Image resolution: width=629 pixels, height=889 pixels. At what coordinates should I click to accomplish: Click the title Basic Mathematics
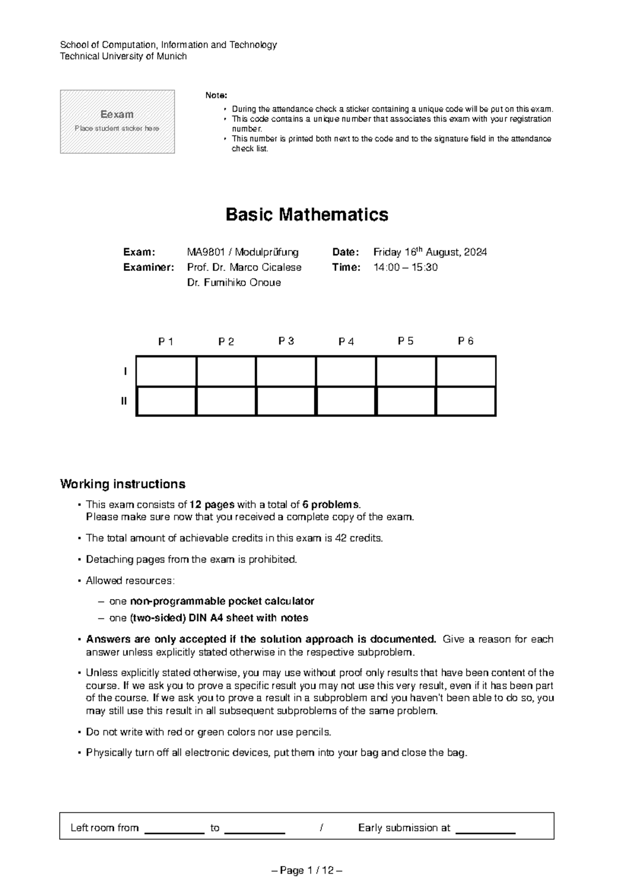pyautogui.click(x=307, y=215)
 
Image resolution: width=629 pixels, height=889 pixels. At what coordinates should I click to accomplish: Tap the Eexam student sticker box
pyautogui.click(x=117, y=122)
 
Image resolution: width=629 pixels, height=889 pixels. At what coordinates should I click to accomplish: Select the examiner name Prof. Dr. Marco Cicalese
pyautogui.click(x=244, y=267)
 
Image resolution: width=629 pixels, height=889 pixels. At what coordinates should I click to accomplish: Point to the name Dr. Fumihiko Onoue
pyautogui.click(x=234, y=283)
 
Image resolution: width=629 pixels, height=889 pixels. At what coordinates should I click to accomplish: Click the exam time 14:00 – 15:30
pyautogui.click(x=405, y=267)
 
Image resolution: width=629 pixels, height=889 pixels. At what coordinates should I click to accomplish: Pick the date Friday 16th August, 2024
pyautogui.click(x=430, y=252)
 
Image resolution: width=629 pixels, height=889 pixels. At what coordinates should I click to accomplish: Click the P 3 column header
pyautogui.click(x=286, y=341)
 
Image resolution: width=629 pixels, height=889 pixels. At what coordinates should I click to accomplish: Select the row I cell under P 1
pyautogui.click(x=166, y=371)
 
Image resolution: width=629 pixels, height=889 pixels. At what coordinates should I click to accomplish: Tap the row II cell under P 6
pyautogui.click(x=465, y=401)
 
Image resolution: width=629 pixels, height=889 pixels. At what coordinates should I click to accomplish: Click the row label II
pyautogui.click(x=124, y=402)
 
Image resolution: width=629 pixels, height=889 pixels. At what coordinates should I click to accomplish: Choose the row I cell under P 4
pyautogui.click(x=346, y=371)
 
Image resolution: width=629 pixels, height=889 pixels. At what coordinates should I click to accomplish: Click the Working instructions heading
pyautogui.click(x=123, y=483)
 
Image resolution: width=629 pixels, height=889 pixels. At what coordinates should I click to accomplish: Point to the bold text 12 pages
pyautogui.click(x=212, y=505)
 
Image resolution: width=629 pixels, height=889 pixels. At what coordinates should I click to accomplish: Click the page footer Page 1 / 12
pyautogui.click(x=307, y=871)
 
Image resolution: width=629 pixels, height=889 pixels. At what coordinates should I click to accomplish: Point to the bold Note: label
pyautogui.click(x=216, y=95)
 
